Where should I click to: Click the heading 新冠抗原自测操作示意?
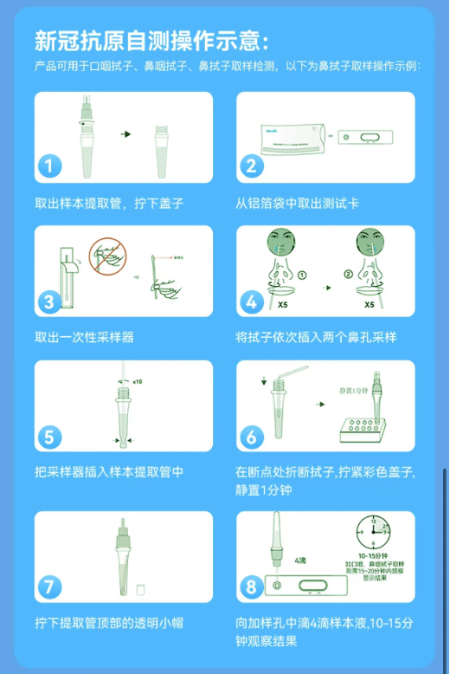tap(151, 41)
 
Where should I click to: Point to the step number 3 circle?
tap(51, 301)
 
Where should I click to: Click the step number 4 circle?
tap(252, 301)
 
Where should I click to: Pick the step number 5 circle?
tap(51, 436)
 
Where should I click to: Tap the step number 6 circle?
tap(252, 436)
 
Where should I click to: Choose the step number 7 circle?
tap(51, 587)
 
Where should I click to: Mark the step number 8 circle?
tap(252, 587)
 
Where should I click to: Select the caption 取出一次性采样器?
tap(84, 337)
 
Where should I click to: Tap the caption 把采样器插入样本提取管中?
tap(109, 472)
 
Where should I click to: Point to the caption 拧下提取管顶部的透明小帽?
tap(109, 623)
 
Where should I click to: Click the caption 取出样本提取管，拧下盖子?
tap(109, 203)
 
